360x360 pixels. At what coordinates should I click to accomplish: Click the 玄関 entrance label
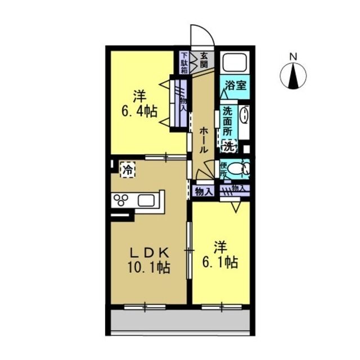[204, 60]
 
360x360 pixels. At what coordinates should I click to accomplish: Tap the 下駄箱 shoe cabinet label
[184, 63]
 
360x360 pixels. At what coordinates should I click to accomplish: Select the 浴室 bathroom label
[235, 85]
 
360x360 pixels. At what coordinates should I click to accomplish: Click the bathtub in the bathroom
[235, 62]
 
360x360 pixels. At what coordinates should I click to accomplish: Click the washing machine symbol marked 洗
[228, 146]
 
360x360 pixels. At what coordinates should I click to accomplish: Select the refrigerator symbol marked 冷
[128, 169]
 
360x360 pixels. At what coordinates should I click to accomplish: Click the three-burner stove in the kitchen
[121, 200]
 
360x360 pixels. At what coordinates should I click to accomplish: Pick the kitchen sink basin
[146, 200]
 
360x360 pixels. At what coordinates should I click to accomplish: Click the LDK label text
[149, 253]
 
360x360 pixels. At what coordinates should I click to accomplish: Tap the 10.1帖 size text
[149, 268]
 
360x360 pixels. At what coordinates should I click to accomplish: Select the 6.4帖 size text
[139, 111]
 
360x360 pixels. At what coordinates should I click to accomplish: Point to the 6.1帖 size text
[220, 262]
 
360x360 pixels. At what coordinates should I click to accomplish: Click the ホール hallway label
[203, 140]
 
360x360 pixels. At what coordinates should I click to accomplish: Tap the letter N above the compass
[293, 56]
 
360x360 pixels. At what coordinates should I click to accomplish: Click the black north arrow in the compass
[293, 76]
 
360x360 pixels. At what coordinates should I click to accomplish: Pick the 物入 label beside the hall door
[203, 191]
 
